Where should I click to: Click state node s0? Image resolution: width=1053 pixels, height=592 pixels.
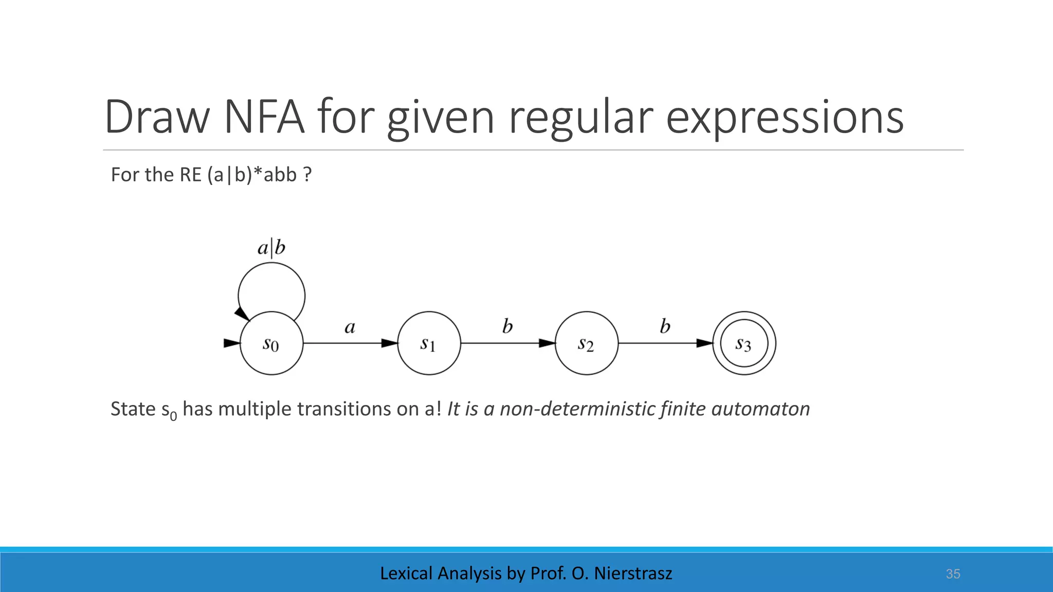(271, 343)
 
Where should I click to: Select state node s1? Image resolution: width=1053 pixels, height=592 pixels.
(429, 343)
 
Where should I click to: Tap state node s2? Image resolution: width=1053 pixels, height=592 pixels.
(586, 343)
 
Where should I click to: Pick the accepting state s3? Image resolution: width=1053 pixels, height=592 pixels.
(744, 343)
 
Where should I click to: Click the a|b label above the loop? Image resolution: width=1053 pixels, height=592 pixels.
(271, 248)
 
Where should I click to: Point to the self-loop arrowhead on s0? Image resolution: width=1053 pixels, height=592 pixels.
(241, 313)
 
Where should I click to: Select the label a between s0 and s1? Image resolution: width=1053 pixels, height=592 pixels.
(350, 327)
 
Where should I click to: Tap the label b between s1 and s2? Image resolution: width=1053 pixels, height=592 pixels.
(507, 326)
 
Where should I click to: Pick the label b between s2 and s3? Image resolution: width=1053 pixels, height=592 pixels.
(665, 326)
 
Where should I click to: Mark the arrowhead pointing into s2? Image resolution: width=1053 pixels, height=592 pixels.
(547, 343)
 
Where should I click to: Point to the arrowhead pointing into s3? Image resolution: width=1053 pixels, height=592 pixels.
(705, 343)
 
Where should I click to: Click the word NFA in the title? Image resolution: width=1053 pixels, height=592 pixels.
(264, 117)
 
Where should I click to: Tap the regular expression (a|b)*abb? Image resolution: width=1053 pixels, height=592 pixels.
(252, 175)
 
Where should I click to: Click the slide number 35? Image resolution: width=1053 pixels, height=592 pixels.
(953, 574)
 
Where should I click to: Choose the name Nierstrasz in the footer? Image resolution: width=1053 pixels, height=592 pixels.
(633, 573)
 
